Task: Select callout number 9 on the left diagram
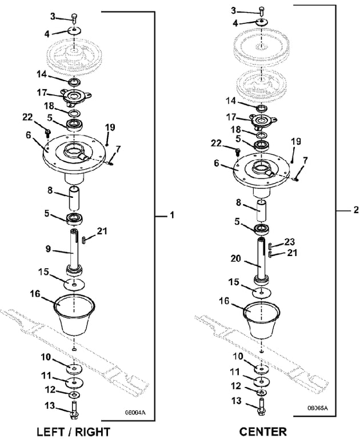pos(50,249)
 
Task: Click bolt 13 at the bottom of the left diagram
pos(74,408)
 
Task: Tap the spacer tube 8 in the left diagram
pos(74,199)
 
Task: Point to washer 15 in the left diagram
pos(74,284)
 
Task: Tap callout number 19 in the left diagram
pos(110,126)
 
